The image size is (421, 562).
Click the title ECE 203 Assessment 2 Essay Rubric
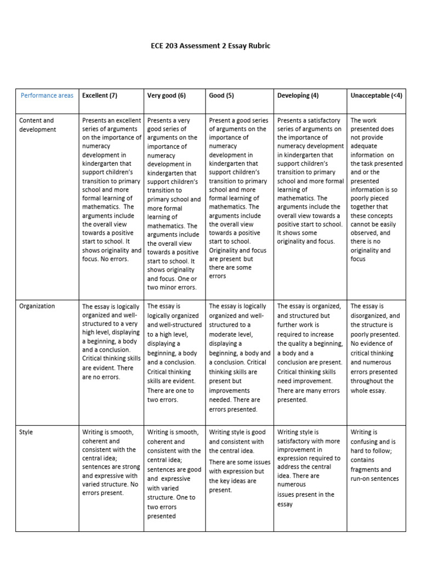coord(210,46)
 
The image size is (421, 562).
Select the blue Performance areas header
coord(47,95)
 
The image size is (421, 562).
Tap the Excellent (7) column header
coord(100,95)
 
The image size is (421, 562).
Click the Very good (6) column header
coord(167,95)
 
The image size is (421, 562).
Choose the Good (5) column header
coord(221,95)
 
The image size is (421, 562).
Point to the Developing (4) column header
coord(298,95)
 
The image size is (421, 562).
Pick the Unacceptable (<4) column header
coord(376,95)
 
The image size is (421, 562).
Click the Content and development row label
coord(37,125)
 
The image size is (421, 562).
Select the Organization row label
coord(37,306)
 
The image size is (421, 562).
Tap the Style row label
coord(26,432)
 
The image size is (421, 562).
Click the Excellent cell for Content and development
coord(111,189)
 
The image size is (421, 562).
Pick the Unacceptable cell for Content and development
coord(376,189)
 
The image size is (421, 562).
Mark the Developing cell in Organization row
coord(310,353)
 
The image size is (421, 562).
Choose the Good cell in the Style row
coord(239,461)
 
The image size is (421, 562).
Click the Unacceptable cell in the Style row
coord(376,456)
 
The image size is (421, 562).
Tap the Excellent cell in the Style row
coord(111,463)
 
